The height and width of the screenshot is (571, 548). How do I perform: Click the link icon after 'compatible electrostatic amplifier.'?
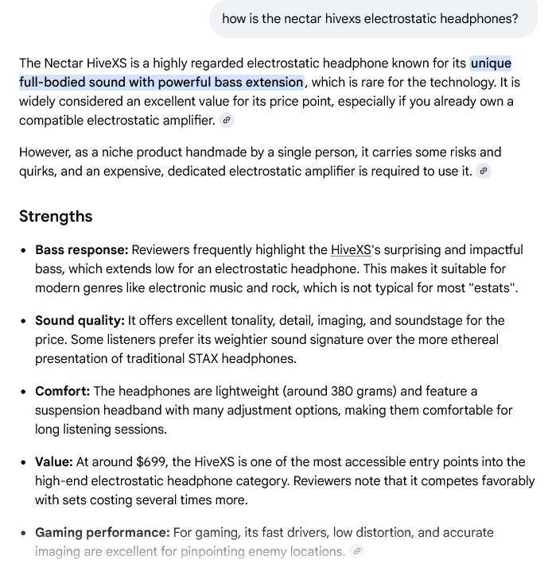pos(227,121)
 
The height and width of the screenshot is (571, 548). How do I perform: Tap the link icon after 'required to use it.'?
pos(484,171)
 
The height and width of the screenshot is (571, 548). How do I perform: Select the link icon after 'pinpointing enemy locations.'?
pos(357,551)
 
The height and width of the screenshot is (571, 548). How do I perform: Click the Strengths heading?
pos(56,217)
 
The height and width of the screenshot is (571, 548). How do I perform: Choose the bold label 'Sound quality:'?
pos(80,321)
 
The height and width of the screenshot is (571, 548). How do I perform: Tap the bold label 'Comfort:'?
pos(63,392)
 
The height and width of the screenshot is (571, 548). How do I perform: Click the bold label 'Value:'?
pos(53,462)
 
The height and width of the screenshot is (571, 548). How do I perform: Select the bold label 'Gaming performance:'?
pos(102,533)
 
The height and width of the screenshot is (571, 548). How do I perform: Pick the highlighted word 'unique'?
pos(491,64)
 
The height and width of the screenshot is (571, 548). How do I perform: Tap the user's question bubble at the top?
pos(370,18)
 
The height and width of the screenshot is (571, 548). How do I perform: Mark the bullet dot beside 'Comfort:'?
pos(25,392)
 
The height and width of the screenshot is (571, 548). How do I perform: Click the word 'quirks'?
pos(40,172)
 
